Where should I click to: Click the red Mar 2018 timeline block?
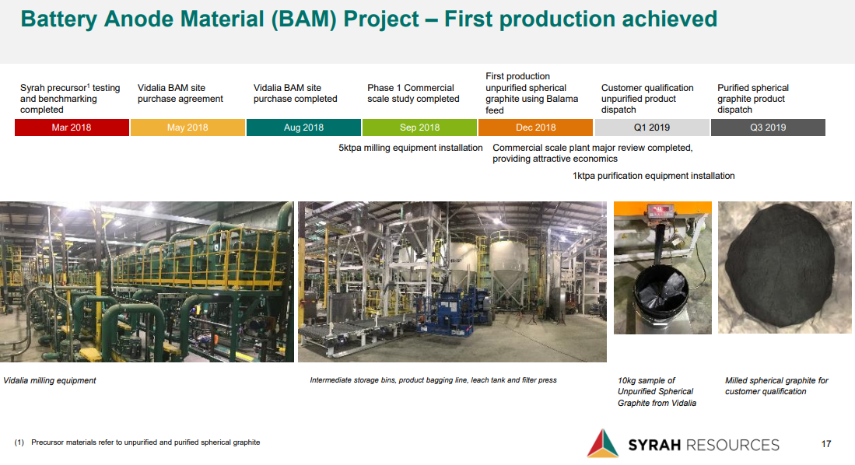point(72,128)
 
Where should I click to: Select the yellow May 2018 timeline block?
point(187,128)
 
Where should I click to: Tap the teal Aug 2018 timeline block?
point(303,128)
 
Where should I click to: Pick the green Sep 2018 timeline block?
point(420,128)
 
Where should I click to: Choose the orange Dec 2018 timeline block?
point(535,128)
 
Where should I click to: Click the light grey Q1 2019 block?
point(652,128)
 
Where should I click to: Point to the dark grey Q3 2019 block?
point(768,128)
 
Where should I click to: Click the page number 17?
point(826,444)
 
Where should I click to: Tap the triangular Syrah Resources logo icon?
point(602,443)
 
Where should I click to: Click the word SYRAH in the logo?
point(654,446)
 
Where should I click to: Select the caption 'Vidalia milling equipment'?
point(50,380)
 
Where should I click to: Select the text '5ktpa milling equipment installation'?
point(411,148)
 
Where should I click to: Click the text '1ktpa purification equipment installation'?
point(654,176)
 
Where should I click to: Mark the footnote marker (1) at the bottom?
point(19,442)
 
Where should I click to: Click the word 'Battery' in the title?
point(58,19)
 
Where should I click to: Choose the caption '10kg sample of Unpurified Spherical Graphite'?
point(657,391)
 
